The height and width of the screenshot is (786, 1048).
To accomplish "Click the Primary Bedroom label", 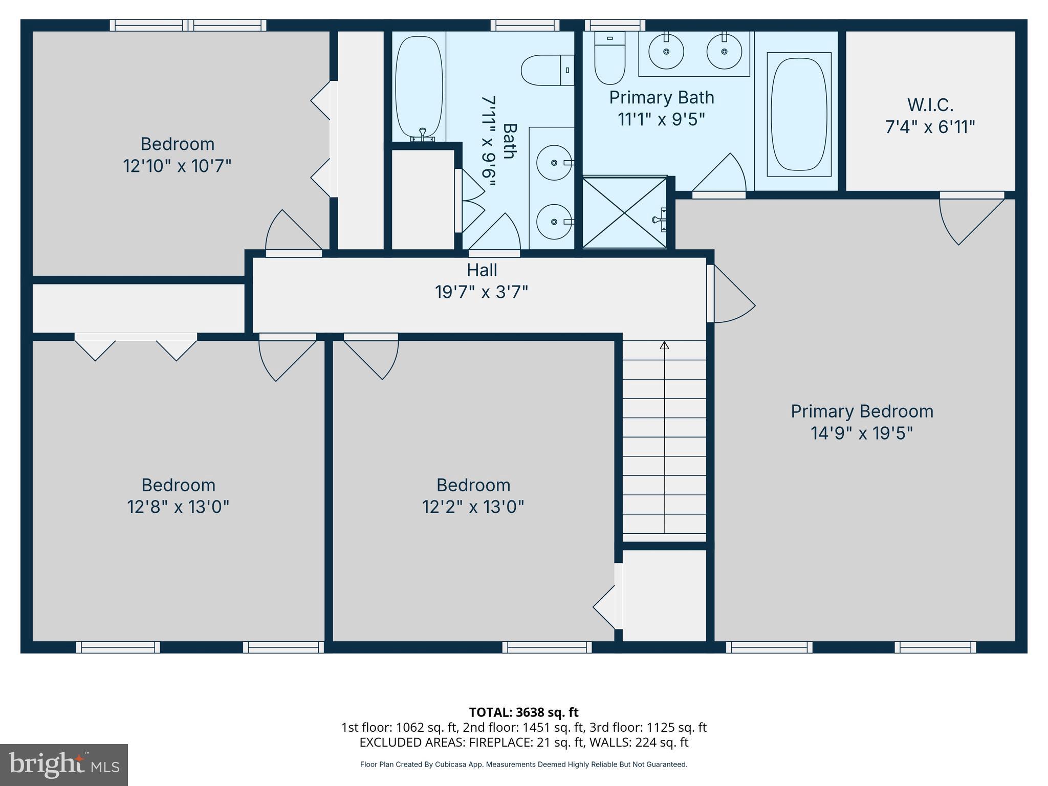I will point(862,411).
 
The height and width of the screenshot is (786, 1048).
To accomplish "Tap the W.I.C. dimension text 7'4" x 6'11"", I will point(930,127).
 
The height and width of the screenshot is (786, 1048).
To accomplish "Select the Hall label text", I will point(482,270).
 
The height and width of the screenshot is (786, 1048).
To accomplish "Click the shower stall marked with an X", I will point(625,213).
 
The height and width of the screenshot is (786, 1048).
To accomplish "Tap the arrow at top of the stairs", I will point(664,345).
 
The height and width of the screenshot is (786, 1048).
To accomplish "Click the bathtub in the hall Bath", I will point(419,87).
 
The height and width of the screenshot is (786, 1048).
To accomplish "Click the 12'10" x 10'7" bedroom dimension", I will point(177,166).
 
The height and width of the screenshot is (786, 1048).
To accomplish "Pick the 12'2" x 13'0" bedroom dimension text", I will point(473,507).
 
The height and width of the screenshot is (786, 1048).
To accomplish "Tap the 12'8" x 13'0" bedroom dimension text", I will point(178,507).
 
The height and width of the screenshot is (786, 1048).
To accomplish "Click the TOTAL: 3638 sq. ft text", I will point(523,712).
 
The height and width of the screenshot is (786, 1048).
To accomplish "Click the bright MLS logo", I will point(64,765).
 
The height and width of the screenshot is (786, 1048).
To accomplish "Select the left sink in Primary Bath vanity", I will point(666,51).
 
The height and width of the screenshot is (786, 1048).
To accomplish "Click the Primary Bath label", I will point(661,97).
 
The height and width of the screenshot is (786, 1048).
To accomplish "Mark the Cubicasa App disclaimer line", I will point(523,765).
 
